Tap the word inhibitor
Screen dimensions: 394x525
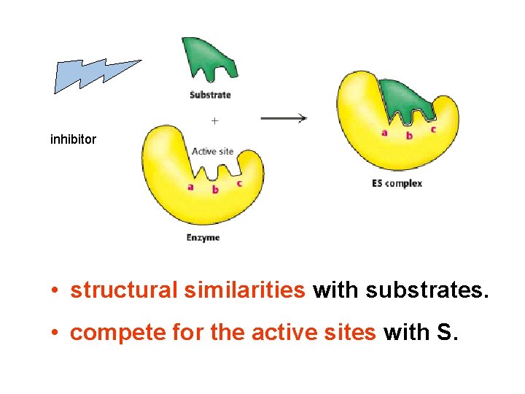73,139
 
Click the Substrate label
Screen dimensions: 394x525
210,95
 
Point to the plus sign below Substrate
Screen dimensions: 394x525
214,119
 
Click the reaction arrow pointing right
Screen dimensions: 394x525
284,118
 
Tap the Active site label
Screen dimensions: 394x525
212,152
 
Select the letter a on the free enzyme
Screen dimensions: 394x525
191,186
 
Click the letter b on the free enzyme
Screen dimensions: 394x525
214,190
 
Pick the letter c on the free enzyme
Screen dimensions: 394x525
239,183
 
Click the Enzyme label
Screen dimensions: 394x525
203,238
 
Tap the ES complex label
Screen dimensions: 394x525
397,184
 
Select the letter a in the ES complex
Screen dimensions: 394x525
384,133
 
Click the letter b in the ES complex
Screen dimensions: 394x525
408,136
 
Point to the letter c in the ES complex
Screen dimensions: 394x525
433,129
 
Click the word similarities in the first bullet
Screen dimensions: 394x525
245,290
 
